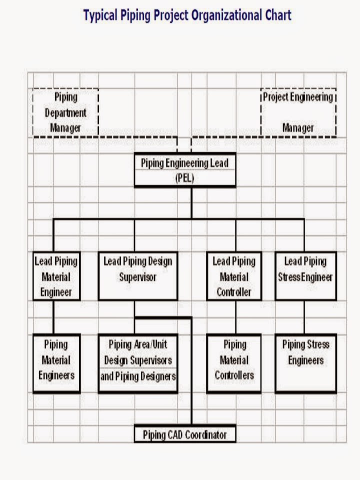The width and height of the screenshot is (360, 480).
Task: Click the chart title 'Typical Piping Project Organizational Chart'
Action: (187, 15)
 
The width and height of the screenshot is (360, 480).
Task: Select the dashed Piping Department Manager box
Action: (65, 112)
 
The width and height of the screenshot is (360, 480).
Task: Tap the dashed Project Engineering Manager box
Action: (298, 112)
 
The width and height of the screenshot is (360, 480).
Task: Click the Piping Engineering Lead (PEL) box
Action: (184, 170)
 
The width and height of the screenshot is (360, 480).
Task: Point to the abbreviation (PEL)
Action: (184, 178)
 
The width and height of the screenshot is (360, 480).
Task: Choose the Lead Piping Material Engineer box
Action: (56, 276)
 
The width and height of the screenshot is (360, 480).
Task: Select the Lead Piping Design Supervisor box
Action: (137, 276)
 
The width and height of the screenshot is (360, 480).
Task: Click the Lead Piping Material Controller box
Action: (233, 276)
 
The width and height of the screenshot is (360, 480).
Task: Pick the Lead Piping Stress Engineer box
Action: (305, 276)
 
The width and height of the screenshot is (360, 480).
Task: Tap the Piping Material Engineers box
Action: (56, 363)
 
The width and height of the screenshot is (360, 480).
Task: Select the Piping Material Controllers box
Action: (234, 363)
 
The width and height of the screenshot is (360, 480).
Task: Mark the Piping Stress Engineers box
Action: (305, 363)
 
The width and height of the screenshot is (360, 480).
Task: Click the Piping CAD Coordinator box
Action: (184, 434)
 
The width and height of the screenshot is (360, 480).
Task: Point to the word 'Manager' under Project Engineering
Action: (298, 128)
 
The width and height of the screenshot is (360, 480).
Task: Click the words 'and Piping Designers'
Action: (138, 376)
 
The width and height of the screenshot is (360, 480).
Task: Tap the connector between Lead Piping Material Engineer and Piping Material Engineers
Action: (53, 317)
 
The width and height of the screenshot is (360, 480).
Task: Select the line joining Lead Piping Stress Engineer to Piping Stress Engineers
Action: (303, 317)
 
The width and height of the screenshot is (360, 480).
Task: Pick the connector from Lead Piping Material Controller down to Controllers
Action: (235, 317)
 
